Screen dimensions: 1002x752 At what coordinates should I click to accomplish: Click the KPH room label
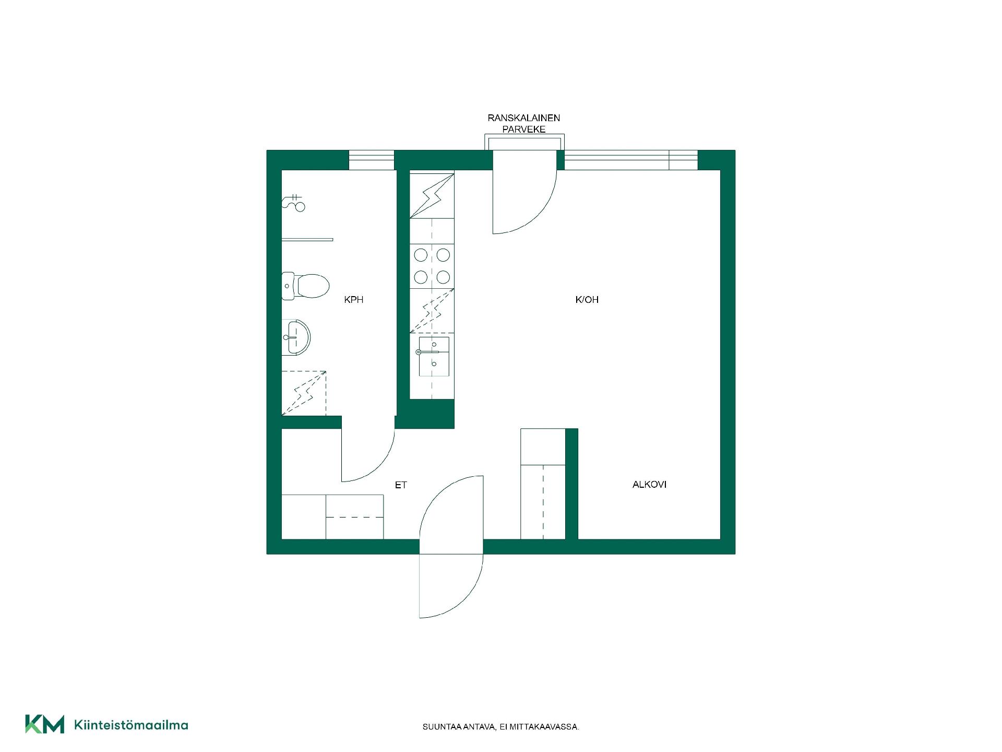pos(353,300)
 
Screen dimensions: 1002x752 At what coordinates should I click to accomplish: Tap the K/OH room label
pos(587,300)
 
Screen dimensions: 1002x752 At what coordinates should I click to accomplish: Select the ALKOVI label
pos(649,485)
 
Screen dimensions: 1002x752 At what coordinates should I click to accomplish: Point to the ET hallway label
pos(401,485)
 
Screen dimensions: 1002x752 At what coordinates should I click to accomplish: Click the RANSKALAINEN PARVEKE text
pos(524,123)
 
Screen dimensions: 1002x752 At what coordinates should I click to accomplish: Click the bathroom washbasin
pos(296,337)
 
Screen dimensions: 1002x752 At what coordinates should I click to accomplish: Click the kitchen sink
pos(433,356)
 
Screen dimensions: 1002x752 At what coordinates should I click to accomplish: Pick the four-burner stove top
pos(432,266)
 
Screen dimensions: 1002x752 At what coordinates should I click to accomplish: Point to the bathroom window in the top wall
pos(371,160)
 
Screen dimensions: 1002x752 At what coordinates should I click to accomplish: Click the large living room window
pos(631,160)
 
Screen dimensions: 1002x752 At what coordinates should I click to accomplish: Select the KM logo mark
pos(44,724)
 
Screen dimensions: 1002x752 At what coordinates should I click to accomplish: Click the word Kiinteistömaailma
pos(131,725)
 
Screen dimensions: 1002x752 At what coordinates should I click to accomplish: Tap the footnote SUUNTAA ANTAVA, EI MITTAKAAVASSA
pos(501,727)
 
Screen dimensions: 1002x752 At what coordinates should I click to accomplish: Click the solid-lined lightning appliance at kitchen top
pos(432,196)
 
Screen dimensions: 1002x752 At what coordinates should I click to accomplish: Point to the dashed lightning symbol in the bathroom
pos(304,393)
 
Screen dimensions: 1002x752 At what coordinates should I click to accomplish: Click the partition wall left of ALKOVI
pos(572,484)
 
